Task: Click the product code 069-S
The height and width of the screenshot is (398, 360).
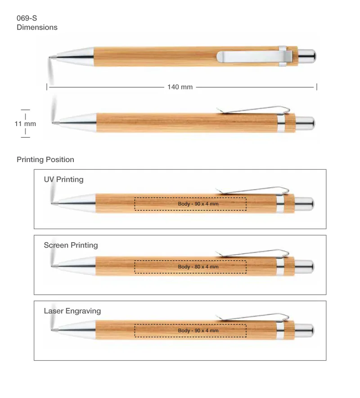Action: (27, 18)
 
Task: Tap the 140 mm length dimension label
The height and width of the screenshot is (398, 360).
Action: (180, 87)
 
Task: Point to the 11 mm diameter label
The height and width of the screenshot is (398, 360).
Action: (25, 124)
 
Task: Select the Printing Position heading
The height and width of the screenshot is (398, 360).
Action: (45, 159)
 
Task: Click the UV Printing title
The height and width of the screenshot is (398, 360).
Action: (64, 180)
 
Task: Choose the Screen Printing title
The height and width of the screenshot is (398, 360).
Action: (71, 245)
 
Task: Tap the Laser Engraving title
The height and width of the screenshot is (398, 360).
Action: (72, 311)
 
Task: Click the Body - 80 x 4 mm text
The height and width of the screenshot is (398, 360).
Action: (198, 267)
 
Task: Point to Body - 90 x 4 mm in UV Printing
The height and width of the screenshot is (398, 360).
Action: (198, 204)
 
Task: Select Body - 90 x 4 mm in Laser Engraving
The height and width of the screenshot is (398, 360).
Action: (198, 330)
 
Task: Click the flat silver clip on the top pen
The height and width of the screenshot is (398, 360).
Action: (254, 57)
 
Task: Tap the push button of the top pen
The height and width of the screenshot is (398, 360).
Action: (307, 56)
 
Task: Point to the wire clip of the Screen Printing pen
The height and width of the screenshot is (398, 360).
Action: (252, 253)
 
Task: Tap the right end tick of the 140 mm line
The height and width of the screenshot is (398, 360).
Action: (317, 87)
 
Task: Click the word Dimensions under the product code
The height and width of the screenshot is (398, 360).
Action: (37, 27)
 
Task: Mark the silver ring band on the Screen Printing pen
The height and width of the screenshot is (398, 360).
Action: (280, 266)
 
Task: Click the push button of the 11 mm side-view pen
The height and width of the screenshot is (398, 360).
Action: (305, 124)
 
